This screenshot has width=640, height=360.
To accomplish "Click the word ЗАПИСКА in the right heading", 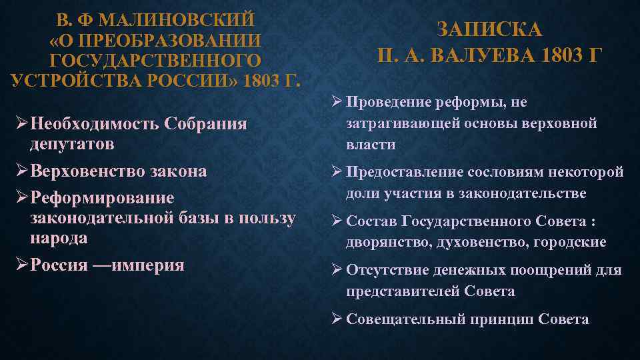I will click(490, 31).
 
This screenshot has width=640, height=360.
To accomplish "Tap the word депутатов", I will click(72, 144).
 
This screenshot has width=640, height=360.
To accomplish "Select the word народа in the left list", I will click(59, 238).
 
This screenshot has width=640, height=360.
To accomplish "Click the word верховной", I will click(565, 123).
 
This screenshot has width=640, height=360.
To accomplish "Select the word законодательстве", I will click(531, 193).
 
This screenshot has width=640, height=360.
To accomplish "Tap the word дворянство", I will click(386, 243).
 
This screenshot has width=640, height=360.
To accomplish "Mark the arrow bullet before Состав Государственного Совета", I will click(337, 221).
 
